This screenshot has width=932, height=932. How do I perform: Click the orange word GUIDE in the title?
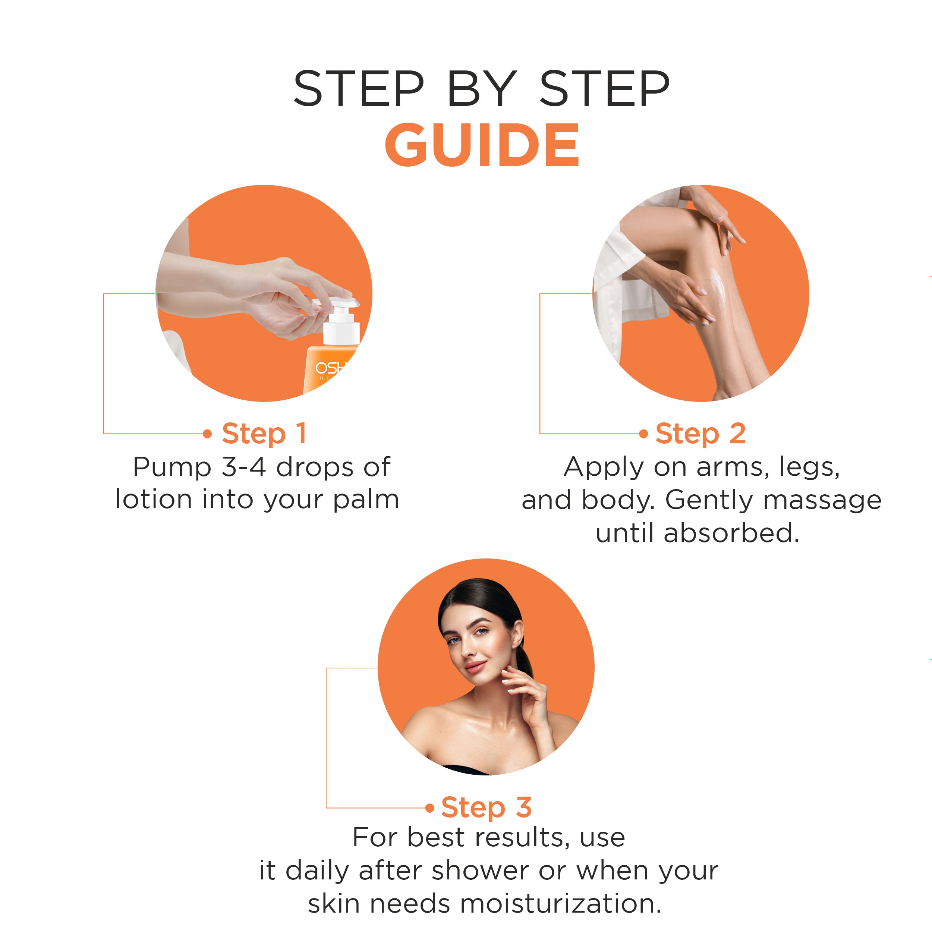pyautogui.click(x=481, y=145)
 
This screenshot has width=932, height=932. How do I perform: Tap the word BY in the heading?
pyautogui.click(x=481, y=89)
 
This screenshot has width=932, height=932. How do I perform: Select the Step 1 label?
pyautogui.click(x=264, y=433)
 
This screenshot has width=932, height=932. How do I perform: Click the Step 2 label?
pyautogui.click(x=700, y=433)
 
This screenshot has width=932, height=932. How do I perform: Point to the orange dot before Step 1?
pyautogui.click(x=207, y=434)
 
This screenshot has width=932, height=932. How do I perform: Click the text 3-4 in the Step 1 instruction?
pyautogui.click(x=243, y=467)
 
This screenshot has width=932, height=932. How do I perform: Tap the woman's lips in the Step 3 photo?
pyautogui.click(x=475, y=667)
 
